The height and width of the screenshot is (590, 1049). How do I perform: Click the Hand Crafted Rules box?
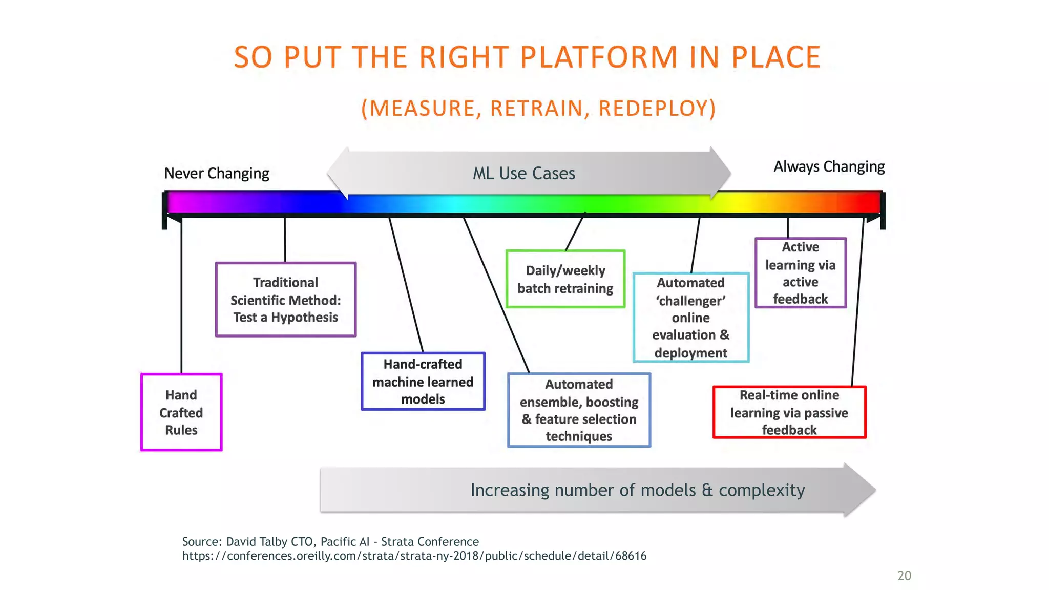coord(181,412)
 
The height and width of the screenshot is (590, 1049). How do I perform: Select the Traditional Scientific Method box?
coord(285,300)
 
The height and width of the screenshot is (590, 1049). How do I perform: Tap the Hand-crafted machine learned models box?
coord(423,382)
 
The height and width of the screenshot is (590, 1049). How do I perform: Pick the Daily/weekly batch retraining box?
coord(565,279)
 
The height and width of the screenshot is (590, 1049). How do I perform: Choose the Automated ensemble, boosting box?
coord(579,410)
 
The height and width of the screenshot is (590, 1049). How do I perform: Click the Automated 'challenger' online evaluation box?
coord(691,318)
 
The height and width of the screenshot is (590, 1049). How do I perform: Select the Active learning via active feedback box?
coord(800,273)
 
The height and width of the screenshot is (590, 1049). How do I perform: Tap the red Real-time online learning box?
coord(789,412)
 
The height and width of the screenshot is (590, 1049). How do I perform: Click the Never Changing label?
coord(217,173)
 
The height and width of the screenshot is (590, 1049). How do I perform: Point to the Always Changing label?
coord(829,166)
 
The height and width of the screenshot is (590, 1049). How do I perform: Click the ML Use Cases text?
coord(523,173)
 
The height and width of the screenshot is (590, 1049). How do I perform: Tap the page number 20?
coord(904,576)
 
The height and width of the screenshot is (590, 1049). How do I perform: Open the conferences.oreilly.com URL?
coord(414,556)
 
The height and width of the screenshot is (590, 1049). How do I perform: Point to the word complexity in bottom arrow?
coord(762,490)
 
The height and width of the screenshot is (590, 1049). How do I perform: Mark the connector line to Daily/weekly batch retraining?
coord(575,234)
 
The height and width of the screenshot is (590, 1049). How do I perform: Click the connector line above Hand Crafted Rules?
coord(182,297)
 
